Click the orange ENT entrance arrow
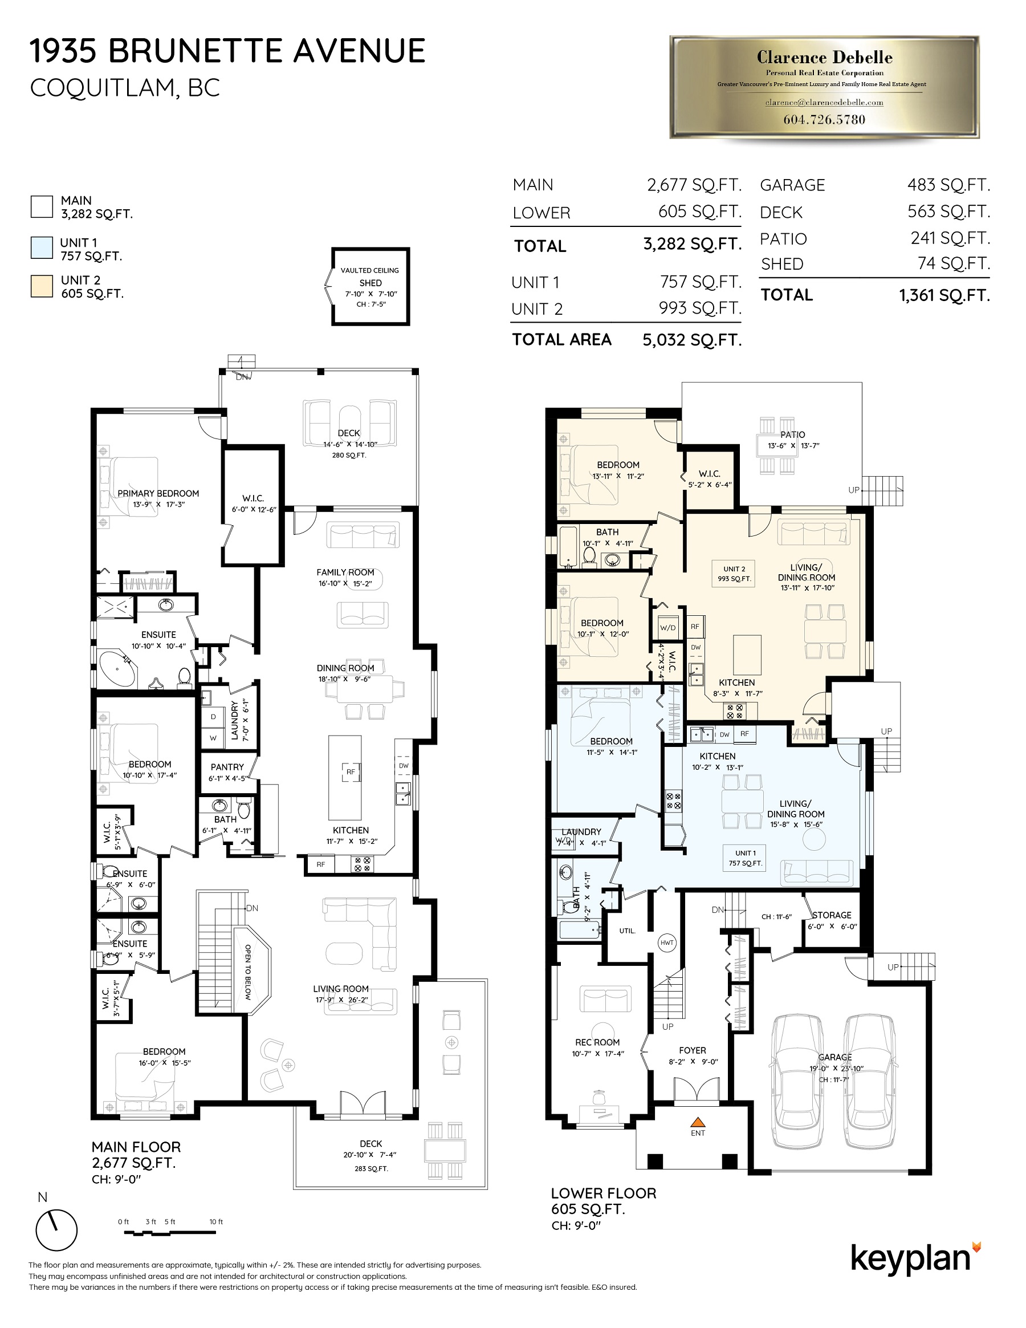pyautogui.click(x=698, y=1121)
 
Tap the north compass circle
pyautogui.click(x=56, y=1230)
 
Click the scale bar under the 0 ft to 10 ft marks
pyautogui.click(x=170, y=1233)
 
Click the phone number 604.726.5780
pyautogui.click(x=824, y=120)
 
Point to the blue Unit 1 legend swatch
pyautogui.click(x=42, y=248)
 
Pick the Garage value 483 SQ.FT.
pyautogui.click(x=948, y=185)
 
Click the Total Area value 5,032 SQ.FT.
pyautogui.click(x=692, y=340)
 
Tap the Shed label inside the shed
pyautogui.click(x=370, y=283)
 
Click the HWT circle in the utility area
pyautogui.click(x=667, y=943)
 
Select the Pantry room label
pyautogui.click(x=227, y=767)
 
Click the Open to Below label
pyautogui.click(x=248, y=972)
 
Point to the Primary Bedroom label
pyautogui.click(x=158, y=494)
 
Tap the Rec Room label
pyautogui.click(x=597, y=1042)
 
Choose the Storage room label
pyautogui.click(x=832, y=915)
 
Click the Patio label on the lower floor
pyautogui.click(x=793, y=434)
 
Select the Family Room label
pyautogui.click(x=345, y=572)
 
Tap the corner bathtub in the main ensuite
pyautogui.click(x=117, y=670)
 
